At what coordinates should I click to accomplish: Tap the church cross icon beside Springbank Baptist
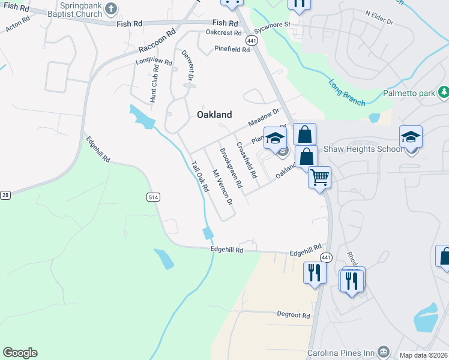pyautogui.click(x=110, y=8)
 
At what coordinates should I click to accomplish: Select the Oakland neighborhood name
pyautogui.click(x=214, y=115)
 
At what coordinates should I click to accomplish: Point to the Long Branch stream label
pyautogui.click(x=347, y=93)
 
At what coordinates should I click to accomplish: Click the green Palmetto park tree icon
pyautogui.click(x=444, y=92)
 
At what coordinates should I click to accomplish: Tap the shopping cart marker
pyautogui.click(x=319, y=177)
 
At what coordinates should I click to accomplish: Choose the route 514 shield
pyautogui.click(x=152, y=196)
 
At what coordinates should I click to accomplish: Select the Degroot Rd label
pyautogui.click(x=294, y=314)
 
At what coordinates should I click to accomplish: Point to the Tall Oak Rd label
pyautogui.click(x=199, y=176)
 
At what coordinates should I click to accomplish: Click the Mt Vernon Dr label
pyautogui.click(x=222, y=186)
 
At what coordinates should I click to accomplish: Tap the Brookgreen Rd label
pyautogui.click(x=231, y=167)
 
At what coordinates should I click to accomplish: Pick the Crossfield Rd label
pyautogui.click(x=246, y=160)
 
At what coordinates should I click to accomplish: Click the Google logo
pyautogui.click(x=20, y=353)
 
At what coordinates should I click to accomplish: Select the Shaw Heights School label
pyautogui.click(x=363, y=149)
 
